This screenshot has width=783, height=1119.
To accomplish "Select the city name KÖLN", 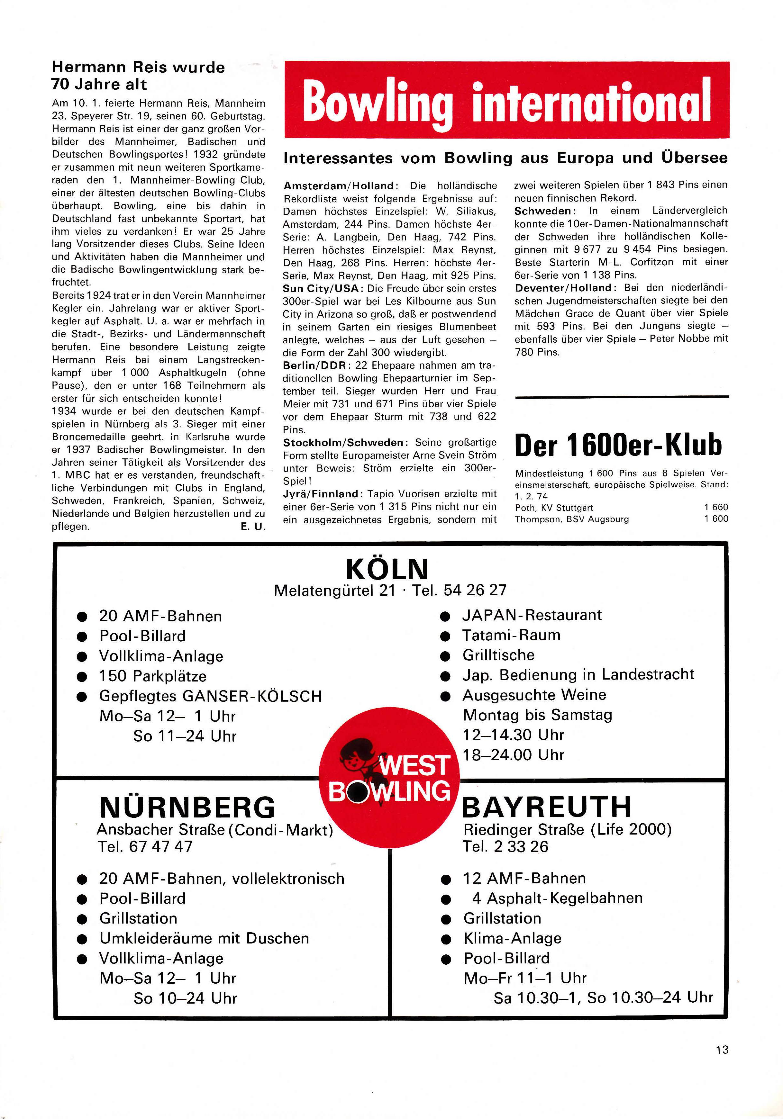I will pos(387,569).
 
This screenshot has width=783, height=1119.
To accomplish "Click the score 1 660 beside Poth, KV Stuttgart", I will pos(716,507).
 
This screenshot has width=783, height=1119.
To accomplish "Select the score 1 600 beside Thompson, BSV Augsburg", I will pos(716,519).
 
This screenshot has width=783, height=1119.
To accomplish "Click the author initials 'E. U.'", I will pos(253,526).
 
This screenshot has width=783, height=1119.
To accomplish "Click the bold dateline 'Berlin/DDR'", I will pos(314,365).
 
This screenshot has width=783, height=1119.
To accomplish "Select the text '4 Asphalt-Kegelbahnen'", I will pos(557,898).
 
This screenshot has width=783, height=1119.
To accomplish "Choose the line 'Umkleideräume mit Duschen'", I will pos(204,938).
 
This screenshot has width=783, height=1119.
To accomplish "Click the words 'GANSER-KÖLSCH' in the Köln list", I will pos(252,696).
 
